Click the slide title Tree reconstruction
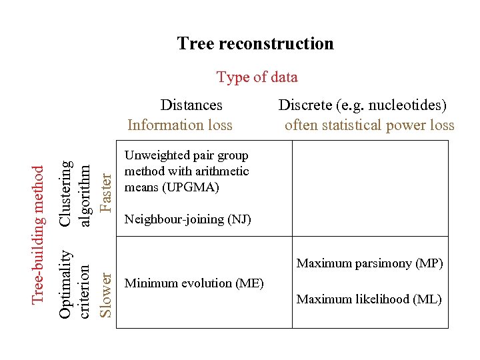(x=255, y=44)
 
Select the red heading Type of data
(x=257, y=77)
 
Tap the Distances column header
(x=191, y=105)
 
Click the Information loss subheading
(x=179, y=125)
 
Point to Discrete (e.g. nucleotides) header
(x=362, y=105)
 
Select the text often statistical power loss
(x=369, y=125)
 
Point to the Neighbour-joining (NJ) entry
(x=187, y=219)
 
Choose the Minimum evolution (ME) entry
(x=194, y=283)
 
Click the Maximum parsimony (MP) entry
(x=369, y=263)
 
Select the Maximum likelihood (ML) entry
(x=369, y=299)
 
